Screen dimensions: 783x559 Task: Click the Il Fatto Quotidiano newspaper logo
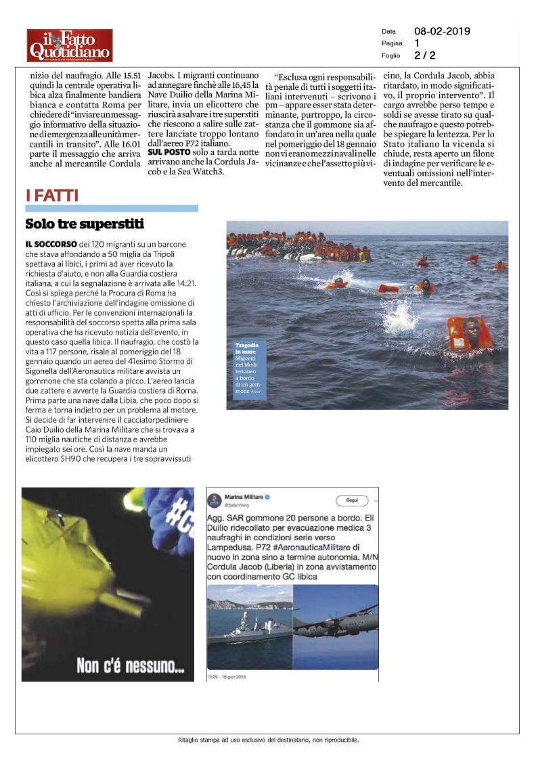click(70, 45)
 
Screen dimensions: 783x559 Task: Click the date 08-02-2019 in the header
click(442, 31)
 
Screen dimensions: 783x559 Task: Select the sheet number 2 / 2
click(425, 55)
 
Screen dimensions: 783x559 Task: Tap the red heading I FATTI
click(52, 196)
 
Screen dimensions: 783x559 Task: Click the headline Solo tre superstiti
click(85, 224)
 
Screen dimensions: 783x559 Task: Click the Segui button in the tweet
click(352, 500)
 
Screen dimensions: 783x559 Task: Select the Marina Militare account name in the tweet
click(244, 497)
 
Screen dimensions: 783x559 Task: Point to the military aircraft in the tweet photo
click(335, 621)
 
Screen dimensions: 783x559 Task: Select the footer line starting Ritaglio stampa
click(268, 740)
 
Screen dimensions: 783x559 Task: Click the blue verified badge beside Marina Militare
click(267, 497)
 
